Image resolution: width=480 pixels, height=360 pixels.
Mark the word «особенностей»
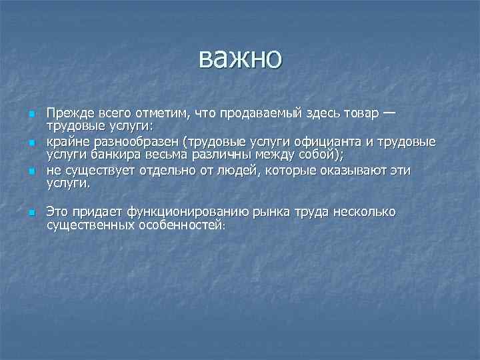(x=182, y=226)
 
